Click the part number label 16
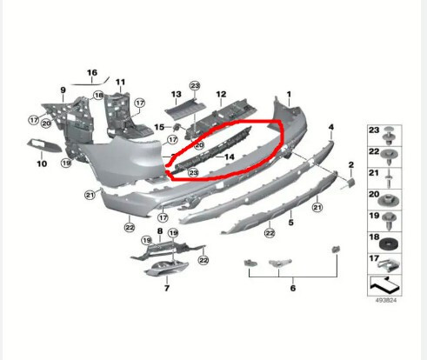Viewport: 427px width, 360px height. tap(92, 72)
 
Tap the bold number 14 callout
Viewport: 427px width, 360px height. tap(230, 157)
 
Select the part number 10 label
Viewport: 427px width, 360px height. tap(42, 163)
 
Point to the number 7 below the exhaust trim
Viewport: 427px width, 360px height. tap(167, 288)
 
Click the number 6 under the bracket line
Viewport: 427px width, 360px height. tap(293, 288)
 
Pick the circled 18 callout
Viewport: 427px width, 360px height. tap(98, 95)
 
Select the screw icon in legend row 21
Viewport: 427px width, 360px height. tap(389, 178)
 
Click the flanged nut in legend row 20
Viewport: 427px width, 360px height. tap(389, 200)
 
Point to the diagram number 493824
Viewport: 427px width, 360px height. tap(385, 300)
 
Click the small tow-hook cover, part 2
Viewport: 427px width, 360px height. tap(350, 183)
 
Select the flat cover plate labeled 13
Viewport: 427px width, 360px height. tap(185, 110)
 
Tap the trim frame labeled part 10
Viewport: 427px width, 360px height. tap(44, 146)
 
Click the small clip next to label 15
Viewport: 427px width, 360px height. tap(177, 128)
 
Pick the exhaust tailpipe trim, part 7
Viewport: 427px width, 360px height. tap(166, 268)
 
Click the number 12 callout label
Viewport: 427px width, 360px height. tap(221, 94)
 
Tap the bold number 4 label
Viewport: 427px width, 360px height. tap(331, 127)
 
